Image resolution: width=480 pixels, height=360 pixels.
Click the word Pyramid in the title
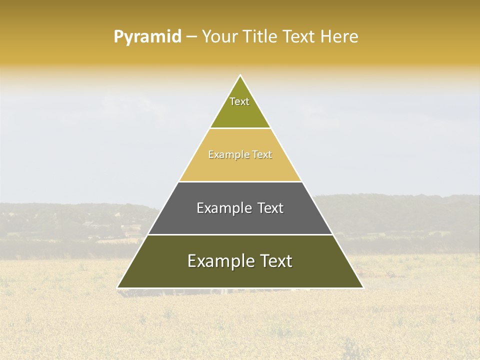point(147,37)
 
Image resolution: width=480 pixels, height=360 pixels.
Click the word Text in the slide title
point(299,37)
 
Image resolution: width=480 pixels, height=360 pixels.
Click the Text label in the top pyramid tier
point(239,101)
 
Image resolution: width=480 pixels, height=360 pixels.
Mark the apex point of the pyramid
point(240,75)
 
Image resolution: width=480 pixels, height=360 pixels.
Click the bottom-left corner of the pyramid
point(118,287)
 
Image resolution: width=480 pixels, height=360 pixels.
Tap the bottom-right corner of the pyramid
point(362,287)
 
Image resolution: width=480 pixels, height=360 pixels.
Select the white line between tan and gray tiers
point(240,181)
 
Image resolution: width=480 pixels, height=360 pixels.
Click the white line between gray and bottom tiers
point(240,234)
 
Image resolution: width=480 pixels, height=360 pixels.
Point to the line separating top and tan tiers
point(240,128)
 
